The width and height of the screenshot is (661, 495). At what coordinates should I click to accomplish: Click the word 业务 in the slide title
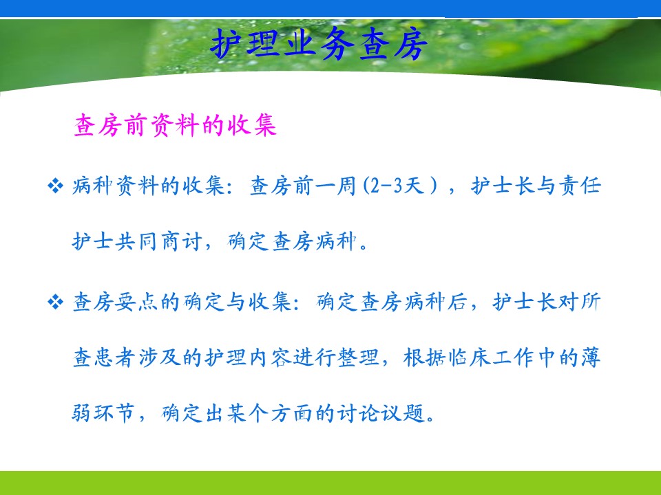click(319, 44)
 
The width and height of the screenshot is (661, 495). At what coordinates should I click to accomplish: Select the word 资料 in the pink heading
click(174, 125)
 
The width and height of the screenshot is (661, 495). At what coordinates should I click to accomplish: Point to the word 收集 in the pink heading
click(252, 125)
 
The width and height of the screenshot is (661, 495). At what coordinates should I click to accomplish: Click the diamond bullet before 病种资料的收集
click(55, 186)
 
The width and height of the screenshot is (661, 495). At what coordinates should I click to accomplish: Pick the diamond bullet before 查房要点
click(55, 302)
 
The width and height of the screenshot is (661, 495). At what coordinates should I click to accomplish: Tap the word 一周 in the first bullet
click(337, 186)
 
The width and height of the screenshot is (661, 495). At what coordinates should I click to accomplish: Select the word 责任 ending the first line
click(579, 186)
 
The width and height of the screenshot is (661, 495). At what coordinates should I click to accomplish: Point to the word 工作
click(512, 357)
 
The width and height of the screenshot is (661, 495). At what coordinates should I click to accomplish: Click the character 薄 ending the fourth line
click(590, 357)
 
